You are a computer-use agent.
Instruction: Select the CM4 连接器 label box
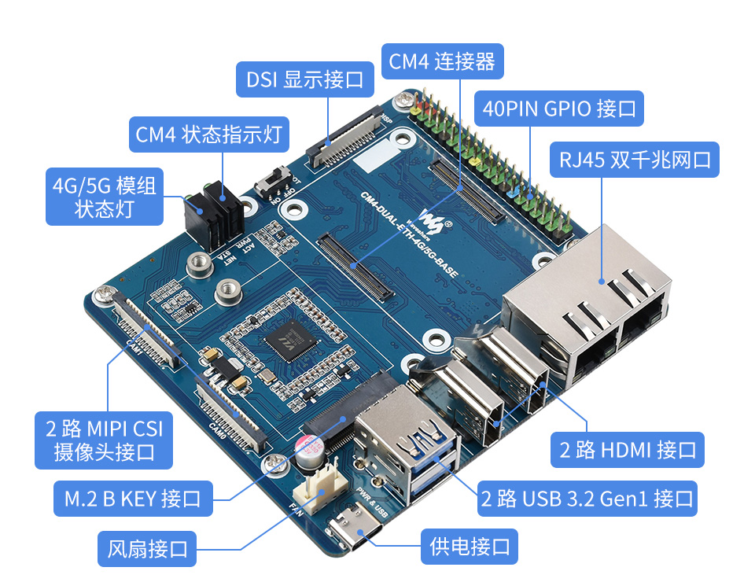pyautogui.click(x=442, y=61)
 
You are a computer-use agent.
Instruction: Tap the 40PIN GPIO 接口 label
pyautogui.click(x=559, y=109)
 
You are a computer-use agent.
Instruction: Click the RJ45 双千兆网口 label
pyautogui.click(x=635, y=160)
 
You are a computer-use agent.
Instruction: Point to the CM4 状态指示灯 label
pyautogui.click(x=208, y=134)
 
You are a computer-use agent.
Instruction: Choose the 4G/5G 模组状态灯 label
pyautogui.click(x=104, y=197)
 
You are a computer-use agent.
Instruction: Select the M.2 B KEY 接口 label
pyautogui.click(x=132, y=498)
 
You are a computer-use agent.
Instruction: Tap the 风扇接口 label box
pyautogui.click(x=147, y=548)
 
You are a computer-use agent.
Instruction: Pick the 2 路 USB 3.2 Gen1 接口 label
pyautogui.click(x=587, y=498)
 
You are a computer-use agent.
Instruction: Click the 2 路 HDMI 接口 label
pyautogui.click(x=628, y=450)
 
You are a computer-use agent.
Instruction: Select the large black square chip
pyautogui.click(x=284, y=341)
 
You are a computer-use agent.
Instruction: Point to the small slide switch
pyautogui.click(x=273, y=182)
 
